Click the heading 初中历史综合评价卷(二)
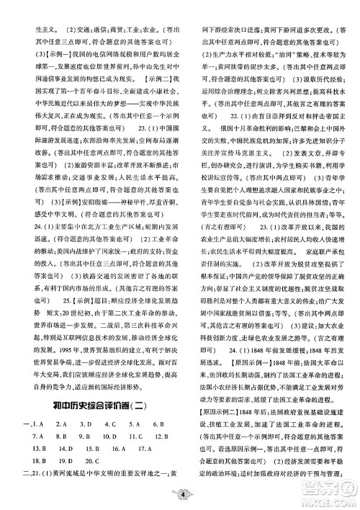(96, 405)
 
